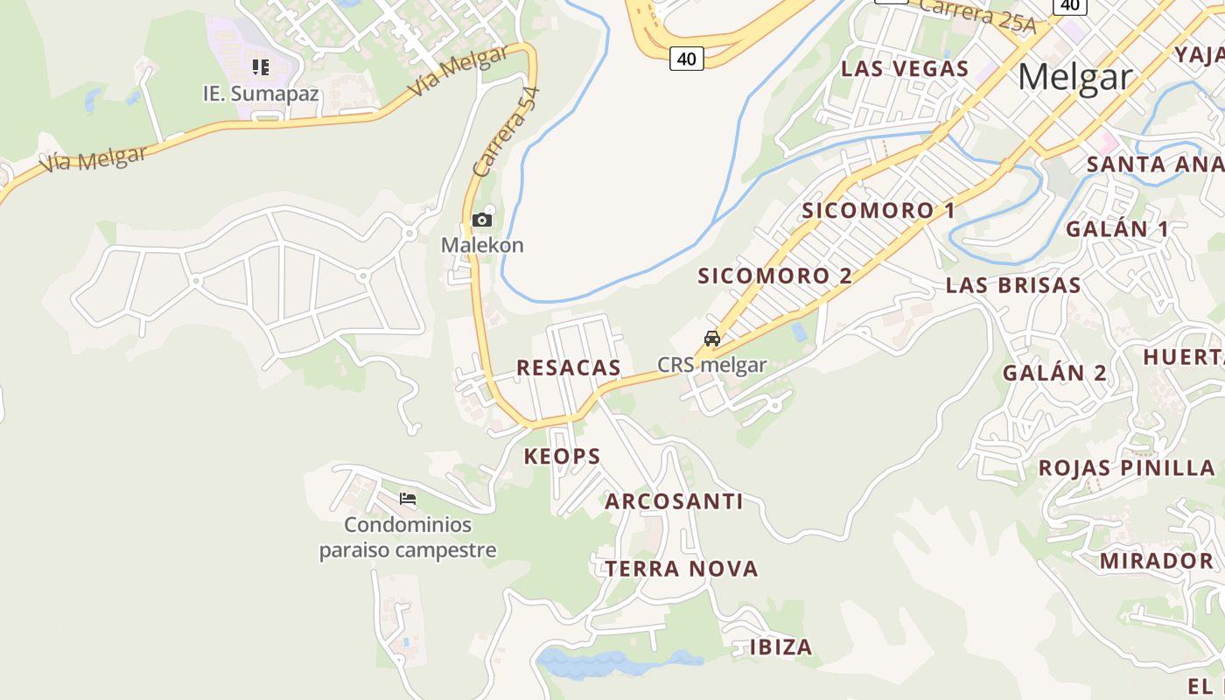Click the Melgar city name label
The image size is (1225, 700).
1074,77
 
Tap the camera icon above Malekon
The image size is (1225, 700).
481,220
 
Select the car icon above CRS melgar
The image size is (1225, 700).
712,339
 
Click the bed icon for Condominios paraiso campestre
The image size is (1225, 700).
408,500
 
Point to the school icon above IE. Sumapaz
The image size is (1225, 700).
260,66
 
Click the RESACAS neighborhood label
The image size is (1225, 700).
569,367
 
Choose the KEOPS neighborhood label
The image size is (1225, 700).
563,456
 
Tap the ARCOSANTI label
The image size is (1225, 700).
674,501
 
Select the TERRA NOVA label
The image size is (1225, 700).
682,569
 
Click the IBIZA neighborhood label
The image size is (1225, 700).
781,647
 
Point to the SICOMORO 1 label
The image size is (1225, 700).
878,211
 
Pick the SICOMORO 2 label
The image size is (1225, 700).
774,276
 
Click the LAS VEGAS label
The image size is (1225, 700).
905,69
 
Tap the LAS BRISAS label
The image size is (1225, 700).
1013,285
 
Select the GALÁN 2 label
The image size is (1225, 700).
1054,373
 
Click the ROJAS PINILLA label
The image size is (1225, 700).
1127,467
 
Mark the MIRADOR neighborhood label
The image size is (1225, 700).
1157,561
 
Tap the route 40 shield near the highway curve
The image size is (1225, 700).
687,59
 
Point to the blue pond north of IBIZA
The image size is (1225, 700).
612,663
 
